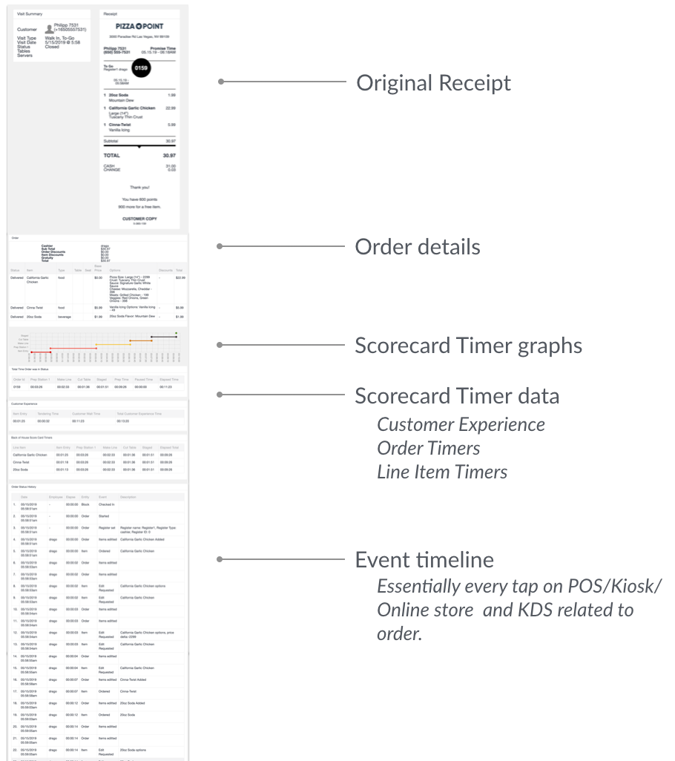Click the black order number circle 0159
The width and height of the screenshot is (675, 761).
[140, 68]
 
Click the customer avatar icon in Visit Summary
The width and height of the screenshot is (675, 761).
[50, 28]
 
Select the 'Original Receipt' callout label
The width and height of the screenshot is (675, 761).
[433, 82]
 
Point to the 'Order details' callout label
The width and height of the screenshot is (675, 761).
[417, 246]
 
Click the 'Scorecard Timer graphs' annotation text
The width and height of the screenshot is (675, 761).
[468, 345]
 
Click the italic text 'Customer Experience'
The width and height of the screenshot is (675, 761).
[461, 424]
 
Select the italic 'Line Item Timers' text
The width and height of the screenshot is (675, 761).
[442, 471]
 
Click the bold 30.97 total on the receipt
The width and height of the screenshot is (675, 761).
[169, 156]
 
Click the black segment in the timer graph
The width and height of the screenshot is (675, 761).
[163, 336]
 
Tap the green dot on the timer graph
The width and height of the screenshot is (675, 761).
[177, 333]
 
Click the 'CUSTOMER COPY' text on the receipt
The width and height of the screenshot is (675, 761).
[139, 218]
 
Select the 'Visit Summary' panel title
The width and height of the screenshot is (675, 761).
[30, 13]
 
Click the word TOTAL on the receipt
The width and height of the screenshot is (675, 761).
[111, 156]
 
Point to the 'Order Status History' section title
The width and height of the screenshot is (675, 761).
[27, 487]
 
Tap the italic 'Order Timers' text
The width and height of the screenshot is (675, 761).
[428, 448]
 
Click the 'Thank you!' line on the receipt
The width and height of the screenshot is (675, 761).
[139, 188]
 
